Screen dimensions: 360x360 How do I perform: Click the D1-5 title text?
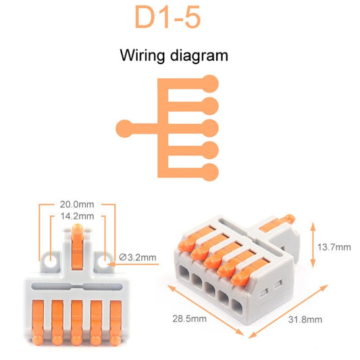point(168,18)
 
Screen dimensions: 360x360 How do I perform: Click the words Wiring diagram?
point(174,55)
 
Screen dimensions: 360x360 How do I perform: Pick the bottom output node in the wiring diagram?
point(210,170)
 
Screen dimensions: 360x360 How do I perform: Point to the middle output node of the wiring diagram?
point(210,127)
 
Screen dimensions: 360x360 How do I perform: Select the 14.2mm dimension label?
point(78,217)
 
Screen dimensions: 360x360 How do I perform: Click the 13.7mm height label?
point(334,247)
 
